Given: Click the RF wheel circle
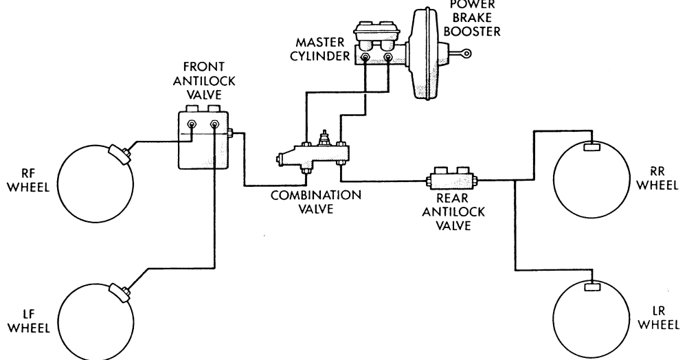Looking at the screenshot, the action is point(58,184).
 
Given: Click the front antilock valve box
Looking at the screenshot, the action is point(203,139).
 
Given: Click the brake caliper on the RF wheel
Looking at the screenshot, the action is point(119,155).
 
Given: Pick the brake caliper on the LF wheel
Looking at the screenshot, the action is point(119,293).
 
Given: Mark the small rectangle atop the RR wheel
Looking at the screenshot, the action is point(592,147).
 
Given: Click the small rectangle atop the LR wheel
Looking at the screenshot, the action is point(592,286).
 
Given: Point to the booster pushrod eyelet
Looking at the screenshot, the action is point(467,54).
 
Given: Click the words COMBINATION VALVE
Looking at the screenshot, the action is point(316,202).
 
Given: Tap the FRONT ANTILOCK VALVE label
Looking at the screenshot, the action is point(204,80).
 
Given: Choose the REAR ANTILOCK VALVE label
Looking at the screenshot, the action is point(453,212).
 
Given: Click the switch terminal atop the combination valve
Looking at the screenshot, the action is point(324,137).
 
